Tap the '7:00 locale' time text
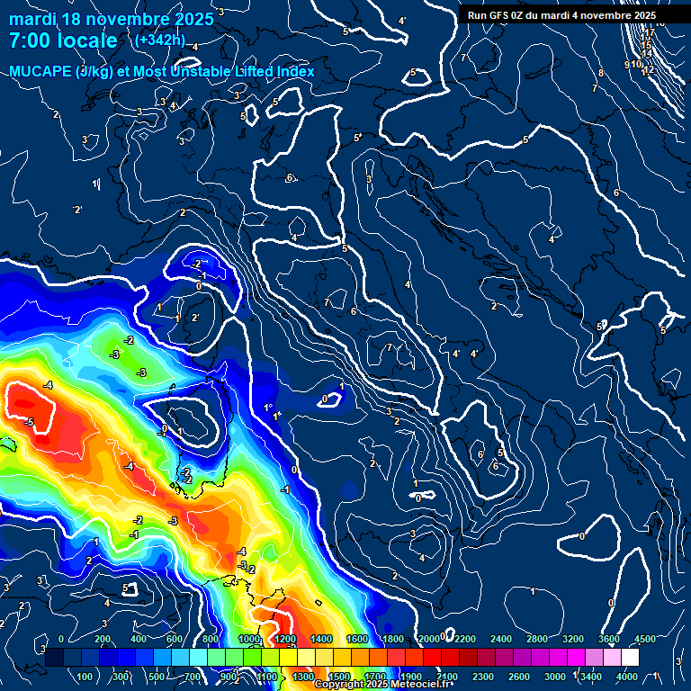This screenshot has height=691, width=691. [63, 40]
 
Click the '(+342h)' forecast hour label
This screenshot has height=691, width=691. [159, 40]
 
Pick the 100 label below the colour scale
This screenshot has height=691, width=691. [85, 677]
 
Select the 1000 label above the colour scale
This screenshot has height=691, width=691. [249, 639]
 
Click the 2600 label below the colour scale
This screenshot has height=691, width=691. [519, 677]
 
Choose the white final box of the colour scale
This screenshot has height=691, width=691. [630, 658]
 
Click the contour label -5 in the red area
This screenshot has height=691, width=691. [30, 421]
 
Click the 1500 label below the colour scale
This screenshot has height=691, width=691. [339, 677]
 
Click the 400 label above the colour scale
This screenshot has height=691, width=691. [139, 639]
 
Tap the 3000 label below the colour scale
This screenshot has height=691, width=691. [555, 677]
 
